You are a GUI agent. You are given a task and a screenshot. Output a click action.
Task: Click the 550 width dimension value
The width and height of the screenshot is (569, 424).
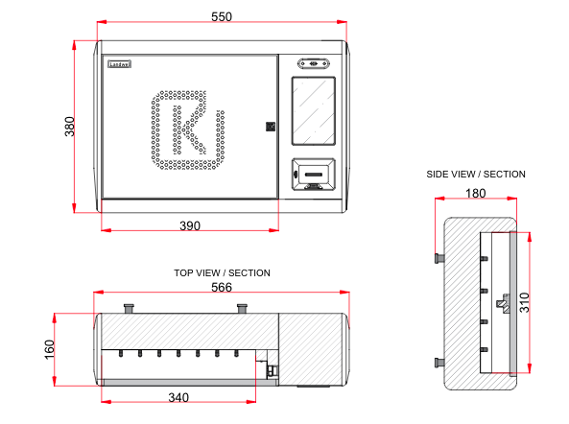tap(222, 16)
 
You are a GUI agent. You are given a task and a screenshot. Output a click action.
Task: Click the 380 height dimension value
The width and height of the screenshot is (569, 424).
tap(69, 127)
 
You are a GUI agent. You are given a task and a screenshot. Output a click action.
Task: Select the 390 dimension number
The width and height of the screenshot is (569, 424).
tap(190, 226)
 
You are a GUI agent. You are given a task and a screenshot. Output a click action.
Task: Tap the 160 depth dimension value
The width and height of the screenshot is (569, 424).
tap(50, 349)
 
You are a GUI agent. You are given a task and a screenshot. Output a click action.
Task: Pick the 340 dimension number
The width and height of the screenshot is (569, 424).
tap(178, 397)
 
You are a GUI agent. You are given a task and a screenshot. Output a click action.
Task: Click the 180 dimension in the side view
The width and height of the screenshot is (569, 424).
tap(475, 193)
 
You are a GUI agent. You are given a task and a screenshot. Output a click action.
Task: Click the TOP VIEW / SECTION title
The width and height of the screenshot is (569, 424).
tap(222, 273)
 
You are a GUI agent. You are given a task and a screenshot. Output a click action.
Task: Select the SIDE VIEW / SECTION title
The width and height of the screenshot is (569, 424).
tap(476, 175)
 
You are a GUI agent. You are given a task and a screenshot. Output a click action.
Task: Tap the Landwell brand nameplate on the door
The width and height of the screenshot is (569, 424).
tap(119, 64)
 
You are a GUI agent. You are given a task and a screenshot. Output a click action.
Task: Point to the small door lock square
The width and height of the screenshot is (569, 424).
tap(271, 126)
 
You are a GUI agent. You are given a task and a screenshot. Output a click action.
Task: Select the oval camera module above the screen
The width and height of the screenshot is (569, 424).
tap(313, 64)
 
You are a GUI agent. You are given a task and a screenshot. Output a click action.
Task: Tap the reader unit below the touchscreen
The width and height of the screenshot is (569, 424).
tap(313, 174)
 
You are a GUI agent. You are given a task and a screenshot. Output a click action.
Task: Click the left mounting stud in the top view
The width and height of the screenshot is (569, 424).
tap(129, 307)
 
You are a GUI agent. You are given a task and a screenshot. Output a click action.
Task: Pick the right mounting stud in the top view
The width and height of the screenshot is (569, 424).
tap(244, 307)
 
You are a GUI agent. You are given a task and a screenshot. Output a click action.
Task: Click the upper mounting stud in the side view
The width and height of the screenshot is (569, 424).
tap(439, 258)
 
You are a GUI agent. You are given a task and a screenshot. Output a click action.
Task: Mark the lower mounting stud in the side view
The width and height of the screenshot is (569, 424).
tap(439, 362)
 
